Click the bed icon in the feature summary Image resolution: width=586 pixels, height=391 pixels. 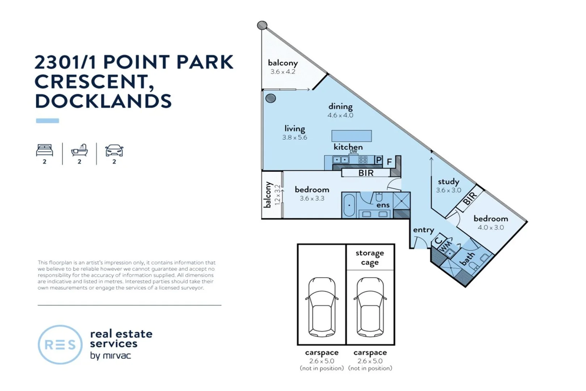click(x=44, y=150)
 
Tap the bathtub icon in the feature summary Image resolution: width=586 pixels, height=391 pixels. click(x=80, y=150)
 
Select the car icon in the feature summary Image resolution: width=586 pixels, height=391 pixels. click(x=114, y=150)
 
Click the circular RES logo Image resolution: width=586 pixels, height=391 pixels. click(x=60, y=344)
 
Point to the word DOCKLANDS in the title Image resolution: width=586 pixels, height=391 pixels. click(x=103, y=101)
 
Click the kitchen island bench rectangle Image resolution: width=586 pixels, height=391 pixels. click(x=351, y=136)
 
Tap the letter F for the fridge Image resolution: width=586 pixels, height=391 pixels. click(x=389, y=162)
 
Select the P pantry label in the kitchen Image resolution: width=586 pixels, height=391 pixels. click(x=378, y=160)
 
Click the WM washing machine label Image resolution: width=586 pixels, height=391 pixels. click(x=445, y=246)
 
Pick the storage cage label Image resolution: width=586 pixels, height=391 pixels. click(x=370, y=257)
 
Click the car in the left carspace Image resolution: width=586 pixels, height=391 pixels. click(x=322, y=307)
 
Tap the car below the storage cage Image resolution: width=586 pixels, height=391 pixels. click(x=370, y=307)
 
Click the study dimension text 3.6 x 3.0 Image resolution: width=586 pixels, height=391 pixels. click(x=449, y=190)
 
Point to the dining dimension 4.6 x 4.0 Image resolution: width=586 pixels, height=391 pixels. click(x=340, y=115)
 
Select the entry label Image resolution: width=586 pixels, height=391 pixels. click(x=424, y=230)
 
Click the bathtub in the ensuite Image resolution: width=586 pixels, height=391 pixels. click(x=349, y=205)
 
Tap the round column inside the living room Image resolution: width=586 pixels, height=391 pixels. click(x=271, y=98)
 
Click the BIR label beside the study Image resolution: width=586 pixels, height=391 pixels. click(x=470, y=198)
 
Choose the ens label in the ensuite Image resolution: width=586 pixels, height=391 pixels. click(x=383, y=205)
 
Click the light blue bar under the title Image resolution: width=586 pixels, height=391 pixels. click(x=47, y=121)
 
